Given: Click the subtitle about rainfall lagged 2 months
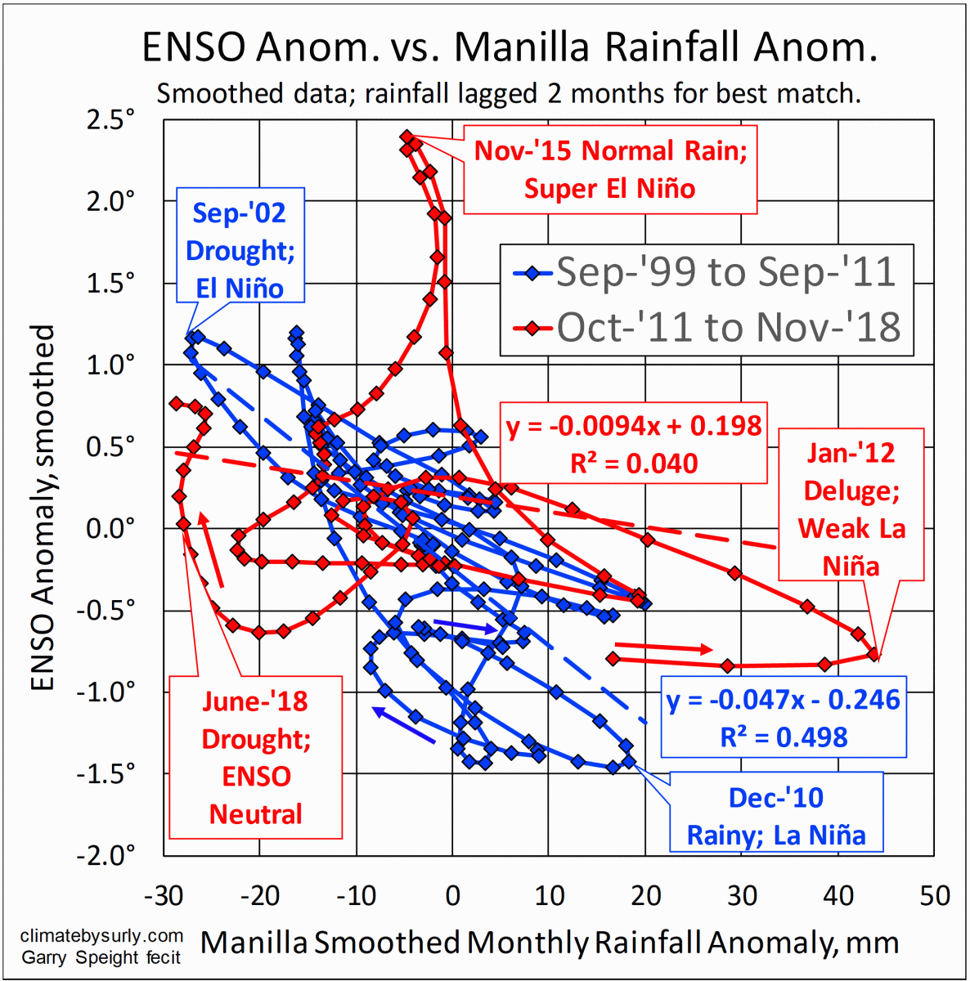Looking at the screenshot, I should [x=509, y=93].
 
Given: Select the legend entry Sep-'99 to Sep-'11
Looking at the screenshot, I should [x=725, y=272].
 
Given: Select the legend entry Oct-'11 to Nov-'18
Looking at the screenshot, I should [x=728, y=327].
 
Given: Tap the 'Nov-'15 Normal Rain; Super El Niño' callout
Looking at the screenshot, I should [x=610, y=170].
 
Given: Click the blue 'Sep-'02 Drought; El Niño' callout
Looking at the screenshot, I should [x=240, y=250].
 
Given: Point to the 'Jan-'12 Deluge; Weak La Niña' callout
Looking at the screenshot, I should [x=851, y=508].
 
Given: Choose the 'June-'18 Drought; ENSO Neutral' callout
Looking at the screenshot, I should [x=255, y=757].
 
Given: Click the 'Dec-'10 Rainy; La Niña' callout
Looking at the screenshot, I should [x=775, y=816].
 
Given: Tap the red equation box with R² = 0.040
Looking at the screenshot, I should [x=633, y=444].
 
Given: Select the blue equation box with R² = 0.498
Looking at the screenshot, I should [x=783, y=718].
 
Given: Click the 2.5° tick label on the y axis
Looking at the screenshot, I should [x=110, y=119].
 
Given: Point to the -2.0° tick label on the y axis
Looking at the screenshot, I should [x=106, y=855].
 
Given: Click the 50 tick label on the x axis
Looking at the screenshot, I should [x=934, y=895].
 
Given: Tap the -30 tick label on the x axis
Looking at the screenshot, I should [x=164, y=895].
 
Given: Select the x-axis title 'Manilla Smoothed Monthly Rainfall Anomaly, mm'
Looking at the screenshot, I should [x=549, y=943].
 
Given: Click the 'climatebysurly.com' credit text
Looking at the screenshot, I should [x=101, y=936].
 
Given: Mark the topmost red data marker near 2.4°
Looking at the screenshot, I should [x=406, y=137].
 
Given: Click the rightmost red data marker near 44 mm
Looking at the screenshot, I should [x=873, y=654].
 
